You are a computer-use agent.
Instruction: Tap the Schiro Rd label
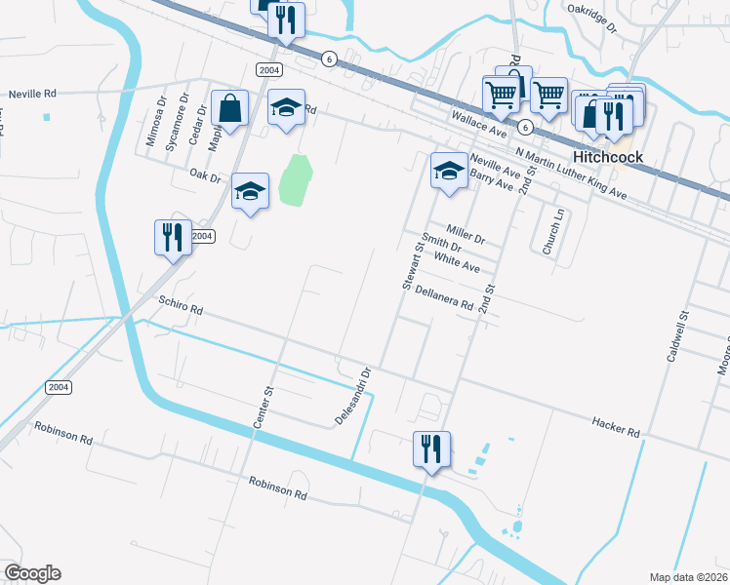click(182, 308)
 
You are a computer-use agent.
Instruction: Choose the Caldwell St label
click(678, 336)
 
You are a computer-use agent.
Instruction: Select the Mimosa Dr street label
click(151, 121)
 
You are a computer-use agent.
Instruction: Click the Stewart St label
click(411, 266)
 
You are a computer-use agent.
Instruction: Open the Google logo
click(32, 573)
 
